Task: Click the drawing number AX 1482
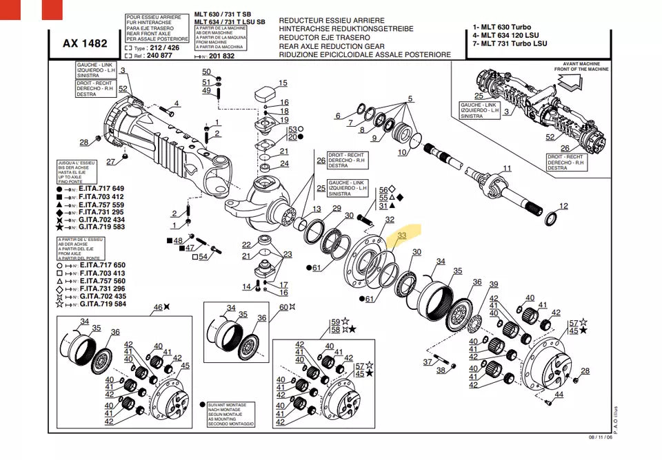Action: (x=85, y=43)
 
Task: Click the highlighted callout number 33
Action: (x=403, y=235)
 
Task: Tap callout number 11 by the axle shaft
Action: (x=507, y=168)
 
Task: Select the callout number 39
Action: (x=493, y=284)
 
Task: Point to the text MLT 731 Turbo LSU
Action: (x=510, y=43)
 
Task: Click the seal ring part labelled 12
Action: (x=551, y=220)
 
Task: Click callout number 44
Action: (x=559, y=395)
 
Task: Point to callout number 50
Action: (x=206, y=72)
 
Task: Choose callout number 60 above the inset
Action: (x=283, y=307)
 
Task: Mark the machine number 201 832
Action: (x=222, y=56)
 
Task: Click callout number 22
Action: (x=246, y=245)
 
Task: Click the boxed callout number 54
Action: (x=202, y=257)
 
